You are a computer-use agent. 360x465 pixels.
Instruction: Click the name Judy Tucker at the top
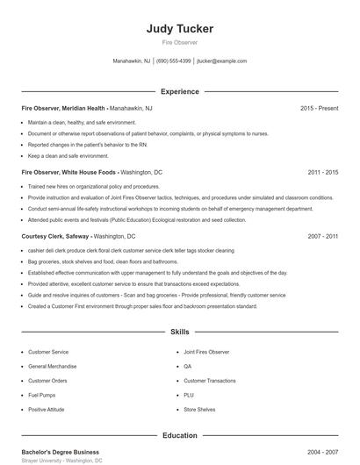coord(180,29)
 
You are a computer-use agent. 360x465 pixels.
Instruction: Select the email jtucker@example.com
coord(222,61)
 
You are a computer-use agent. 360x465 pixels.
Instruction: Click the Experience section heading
coord(180,91)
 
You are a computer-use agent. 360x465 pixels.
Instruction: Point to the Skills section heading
coord(180,333)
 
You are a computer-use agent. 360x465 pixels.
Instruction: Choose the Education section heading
coord(180,435)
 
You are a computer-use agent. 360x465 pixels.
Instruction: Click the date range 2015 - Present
coord(319,108)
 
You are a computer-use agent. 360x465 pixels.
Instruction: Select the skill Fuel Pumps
coord(43,395)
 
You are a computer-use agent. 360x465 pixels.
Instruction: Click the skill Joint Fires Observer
coord(206,352)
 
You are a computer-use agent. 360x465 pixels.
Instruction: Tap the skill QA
coord(188,366)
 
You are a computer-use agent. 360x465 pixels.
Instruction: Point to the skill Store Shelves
coord(199,409)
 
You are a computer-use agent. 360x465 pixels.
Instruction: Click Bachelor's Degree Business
coord(60,451)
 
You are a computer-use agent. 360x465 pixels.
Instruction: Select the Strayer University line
coord(61,460)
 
